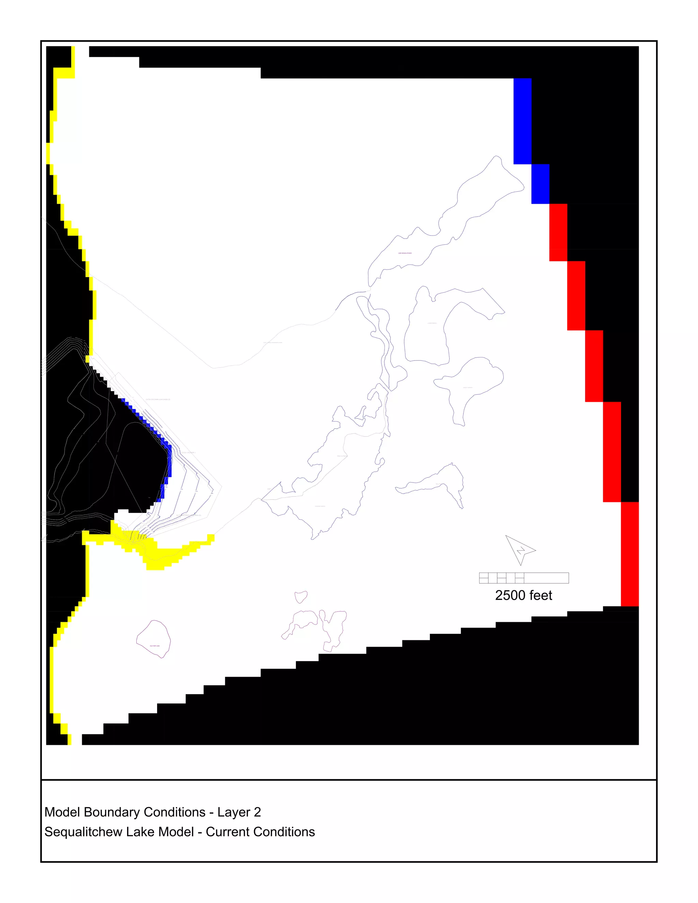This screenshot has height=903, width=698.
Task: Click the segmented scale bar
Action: pos(523,578)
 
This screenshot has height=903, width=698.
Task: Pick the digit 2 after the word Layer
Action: pos(257,812)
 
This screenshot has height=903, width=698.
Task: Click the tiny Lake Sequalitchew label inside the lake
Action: pos(405,253)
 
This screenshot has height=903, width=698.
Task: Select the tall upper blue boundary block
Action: pos(522,121)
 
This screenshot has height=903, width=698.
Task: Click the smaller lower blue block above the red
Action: pos(540,184)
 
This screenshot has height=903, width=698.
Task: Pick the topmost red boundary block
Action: pos(558,232)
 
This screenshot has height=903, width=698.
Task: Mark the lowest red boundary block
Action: pos(630,554)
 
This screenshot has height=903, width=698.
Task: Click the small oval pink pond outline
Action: pos(301,597)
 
